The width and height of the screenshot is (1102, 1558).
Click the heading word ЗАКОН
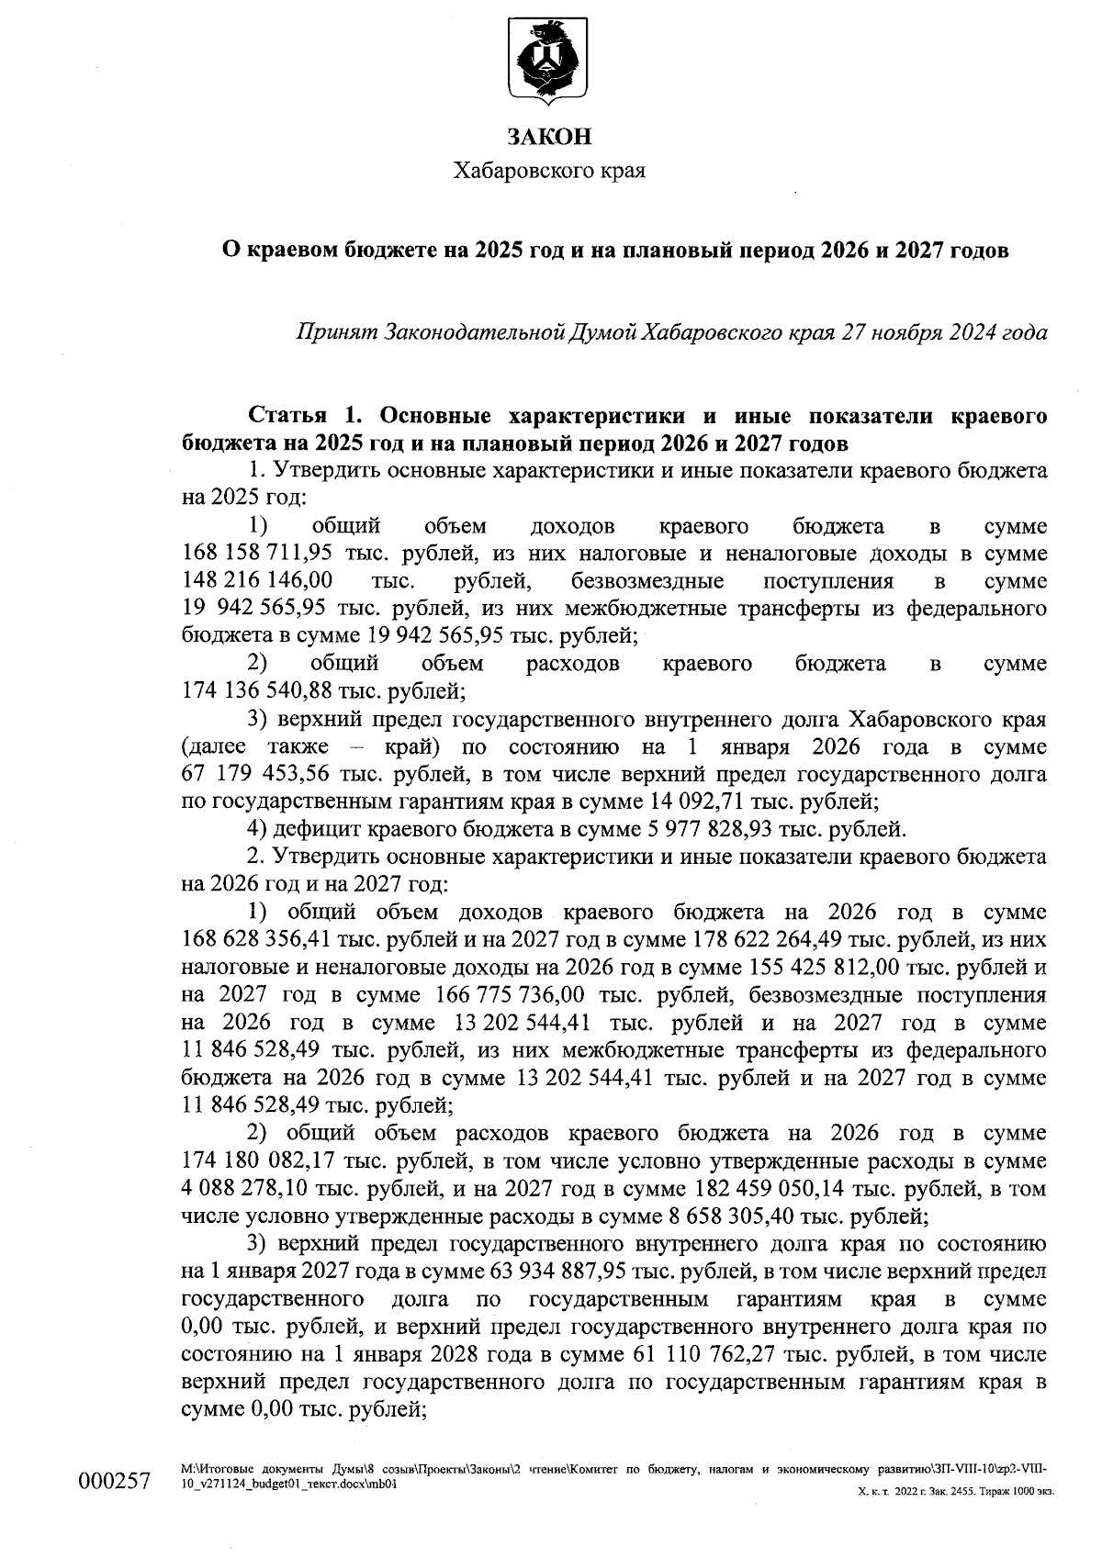[549, 138]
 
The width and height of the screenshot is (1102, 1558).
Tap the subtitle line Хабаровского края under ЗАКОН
[549, 171]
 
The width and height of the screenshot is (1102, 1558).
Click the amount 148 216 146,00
[258, 582]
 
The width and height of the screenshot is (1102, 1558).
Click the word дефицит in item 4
[308, 830]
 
